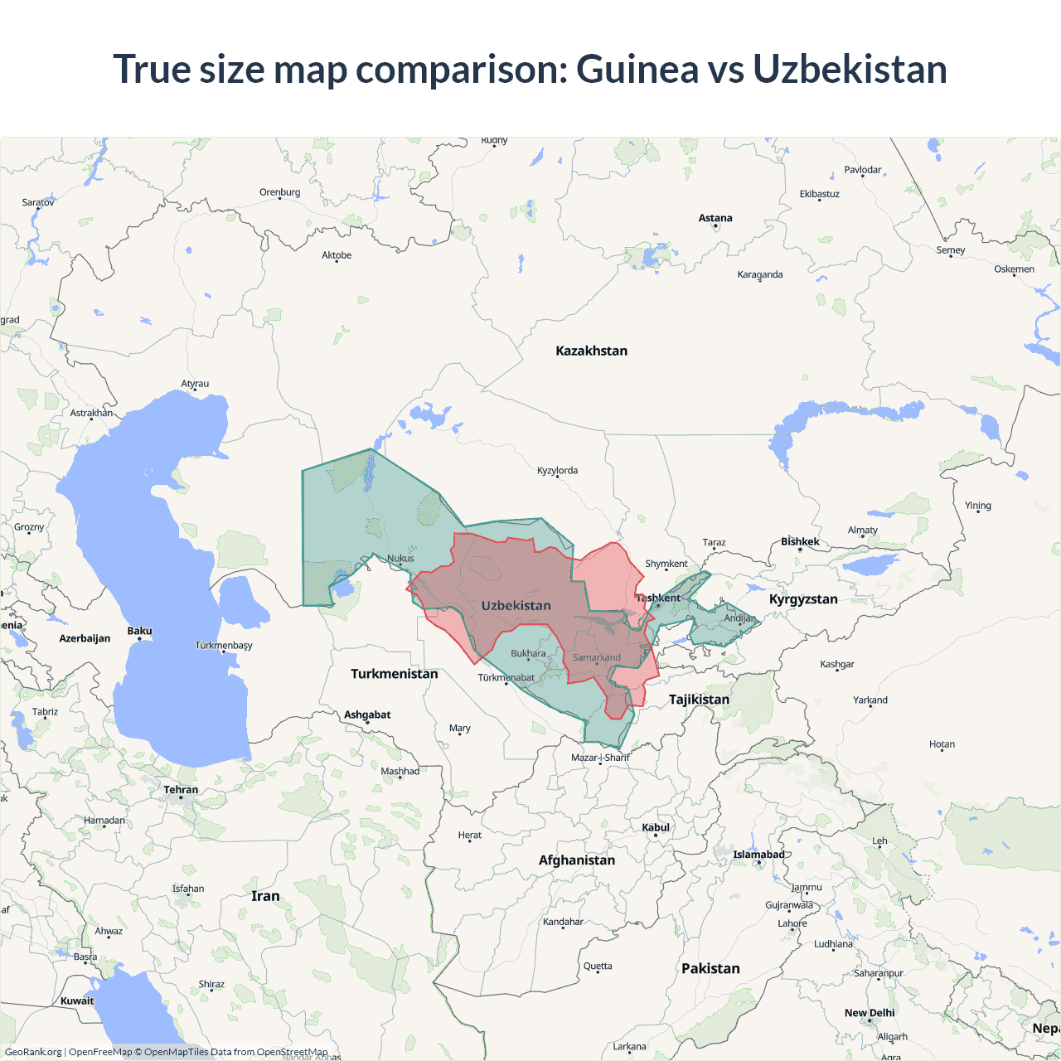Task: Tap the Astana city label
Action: click(715, 218)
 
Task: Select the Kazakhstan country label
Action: click(591, 351)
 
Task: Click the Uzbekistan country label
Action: click(516, 606)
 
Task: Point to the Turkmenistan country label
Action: click(394, 674)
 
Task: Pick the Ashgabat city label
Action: click(367, 715)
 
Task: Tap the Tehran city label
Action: click(181, 789)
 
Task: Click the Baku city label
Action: click(139, 631)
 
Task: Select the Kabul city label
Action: click(655, 827)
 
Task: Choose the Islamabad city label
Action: click(758, 855)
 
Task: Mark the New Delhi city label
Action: click(870, 1013)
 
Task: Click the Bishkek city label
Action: click(800, 541)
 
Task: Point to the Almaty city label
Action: click(862, 530)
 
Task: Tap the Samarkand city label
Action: click(596, 657)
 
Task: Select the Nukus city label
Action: click(400, 558)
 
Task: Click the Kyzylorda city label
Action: click(557, 470)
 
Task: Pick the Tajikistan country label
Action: click(699, 700)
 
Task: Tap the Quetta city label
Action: click(598, 966)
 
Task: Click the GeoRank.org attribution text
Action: click(33, 1052)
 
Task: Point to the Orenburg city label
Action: click(279, 192)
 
